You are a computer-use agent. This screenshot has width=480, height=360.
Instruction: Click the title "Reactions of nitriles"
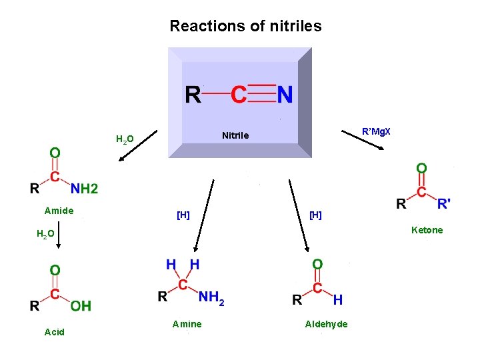coord(245,27)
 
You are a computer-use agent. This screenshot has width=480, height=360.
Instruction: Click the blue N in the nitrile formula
coord(285,95)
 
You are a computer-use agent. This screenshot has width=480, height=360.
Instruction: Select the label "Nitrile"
coord(235,135)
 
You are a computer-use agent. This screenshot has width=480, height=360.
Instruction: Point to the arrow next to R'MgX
coord(362,141)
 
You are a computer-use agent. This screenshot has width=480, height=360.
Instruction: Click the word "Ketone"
coord(427,230)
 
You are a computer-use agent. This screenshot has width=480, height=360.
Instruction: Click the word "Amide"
coord(59,211)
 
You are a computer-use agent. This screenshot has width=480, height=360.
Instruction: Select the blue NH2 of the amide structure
coord(85,189)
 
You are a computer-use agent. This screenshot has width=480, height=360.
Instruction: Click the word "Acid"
coord(55,332)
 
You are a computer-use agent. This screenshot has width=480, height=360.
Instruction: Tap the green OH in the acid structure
coord(81,306)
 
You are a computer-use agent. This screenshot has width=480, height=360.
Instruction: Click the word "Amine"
coord(187,324)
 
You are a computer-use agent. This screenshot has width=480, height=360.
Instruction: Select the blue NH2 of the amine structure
coord(212,299)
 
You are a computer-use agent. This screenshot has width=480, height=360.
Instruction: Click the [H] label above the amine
coord(183,215)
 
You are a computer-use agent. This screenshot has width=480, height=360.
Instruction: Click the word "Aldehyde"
coord(326,324)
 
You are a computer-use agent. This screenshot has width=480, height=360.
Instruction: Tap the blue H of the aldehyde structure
coord(338,300)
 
